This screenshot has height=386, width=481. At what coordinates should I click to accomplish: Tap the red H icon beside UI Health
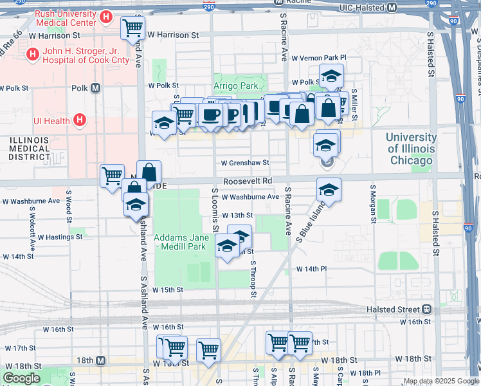pos(79,120)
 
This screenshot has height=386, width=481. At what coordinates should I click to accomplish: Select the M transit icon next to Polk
pos(96,88)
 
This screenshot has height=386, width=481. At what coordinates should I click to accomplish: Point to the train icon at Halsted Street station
pos(426,309)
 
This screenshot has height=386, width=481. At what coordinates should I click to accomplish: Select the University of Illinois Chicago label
pos(411,149)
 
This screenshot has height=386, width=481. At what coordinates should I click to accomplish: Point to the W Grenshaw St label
pos(244,163)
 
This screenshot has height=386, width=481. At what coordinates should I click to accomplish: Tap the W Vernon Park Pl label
pos(318,58)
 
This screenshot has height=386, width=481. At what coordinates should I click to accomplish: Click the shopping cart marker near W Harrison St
pos(132,28)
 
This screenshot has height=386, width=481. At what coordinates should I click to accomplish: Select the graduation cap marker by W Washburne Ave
pos(329,190)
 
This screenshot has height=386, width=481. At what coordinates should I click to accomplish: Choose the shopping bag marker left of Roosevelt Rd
pos(149,172)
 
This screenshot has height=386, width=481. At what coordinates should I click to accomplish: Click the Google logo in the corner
pos(21,378)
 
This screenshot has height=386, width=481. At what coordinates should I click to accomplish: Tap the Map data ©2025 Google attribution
pos(440,381)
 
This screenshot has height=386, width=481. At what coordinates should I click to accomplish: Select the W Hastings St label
pos(60,237)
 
